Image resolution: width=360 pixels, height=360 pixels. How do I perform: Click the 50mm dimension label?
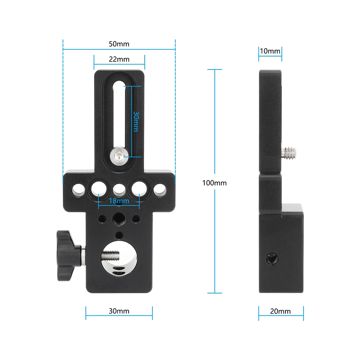click(119, 44)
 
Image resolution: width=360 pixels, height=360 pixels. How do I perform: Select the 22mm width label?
click(119, 59)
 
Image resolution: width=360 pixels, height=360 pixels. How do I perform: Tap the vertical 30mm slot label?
click(136, 121)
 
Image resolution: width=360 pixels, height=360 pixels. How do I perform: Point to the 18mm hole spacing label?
click(118, 201)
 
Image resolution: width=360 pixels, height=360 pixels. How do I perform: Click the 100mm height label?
click(215, 183)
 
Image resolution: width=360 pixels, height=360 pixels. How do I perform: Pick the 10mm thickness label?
click(270, 51)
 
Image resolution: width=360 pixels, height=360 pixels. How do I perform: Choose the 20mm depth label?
click(280, 311)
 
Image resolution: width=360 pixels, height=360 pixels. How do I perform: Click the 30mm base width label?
click(119, 311)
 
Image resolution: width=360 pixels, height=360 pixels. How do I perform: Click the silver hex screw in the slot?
click(119, 156)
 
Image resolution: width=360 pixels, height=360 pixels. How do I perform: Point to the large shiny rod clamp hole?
click(119, 261)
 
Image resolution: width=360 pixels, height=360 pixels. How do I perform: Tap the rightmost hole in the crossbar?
click(158, 189)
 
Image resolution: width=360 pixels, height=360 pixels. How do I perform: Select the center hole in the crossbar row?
click(118, 189)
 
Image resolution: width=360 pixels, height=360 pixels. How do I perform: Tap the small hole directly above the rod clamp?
click(118, 235)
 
